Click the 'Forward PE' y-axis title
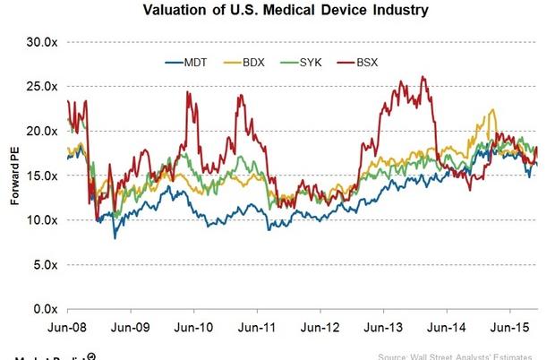[13, 176]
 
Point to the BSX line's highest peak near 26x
[423, 77]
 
